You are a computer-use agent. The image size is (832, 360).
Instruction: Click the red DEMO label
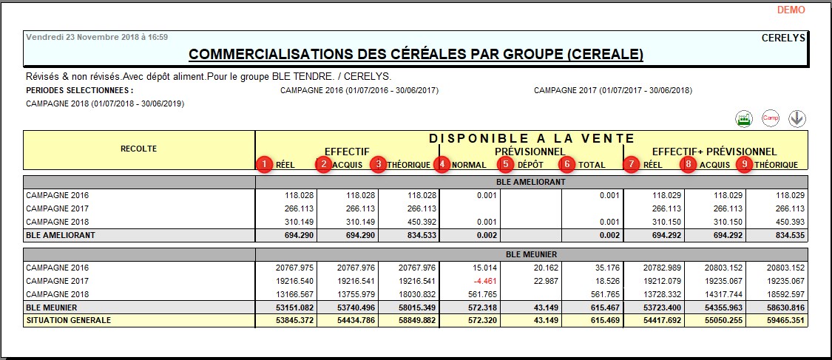(791, 10)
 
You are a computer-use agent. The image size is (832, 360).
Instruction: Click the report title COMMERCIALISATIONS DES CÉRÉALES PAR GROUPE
(416, 54)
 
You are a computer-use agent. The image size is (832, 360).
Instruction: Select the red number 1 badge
(263, 164)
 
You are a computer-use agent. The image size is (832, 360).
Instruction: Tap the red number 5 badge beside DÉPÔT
(505, 164)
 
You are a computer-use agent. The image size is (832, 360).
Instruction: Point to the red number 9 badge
(745, 164)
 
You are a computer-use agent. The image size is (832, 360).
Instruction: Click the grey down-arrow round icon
(797, 118)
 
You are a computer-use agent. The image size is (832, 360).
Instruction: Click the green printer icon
(743, 118)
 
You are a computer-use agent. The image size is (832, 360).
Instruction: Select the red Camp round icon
(771, 118)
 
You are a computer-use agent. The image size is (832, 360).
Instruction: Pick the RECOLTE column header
(138, 149)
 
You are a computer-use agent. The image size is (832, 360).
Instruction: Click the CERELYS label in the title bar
(782, 38)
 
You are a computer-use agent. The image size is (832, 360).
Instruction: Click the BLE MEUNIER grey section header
(531, 254)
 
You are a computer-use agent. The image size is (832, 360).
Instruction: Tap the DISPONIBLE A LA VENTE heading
(531, 138)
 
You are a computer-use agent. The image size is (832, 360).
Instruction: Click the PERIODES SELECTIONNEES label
(79, 91)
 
